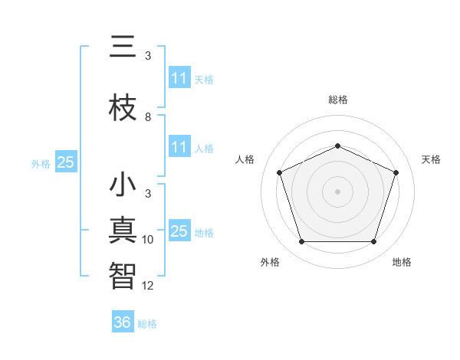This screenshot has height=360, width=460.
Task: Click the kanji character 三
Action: (123, 47)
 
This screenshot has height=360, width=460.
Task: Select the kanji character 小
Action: (123, 186)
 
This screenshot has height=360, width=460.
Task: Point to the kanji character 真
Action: (123, 231)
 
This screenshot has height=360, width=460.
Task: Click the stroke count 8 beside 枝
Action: (148, 117)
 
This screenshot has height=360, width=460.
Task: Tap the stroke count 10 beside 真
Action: (148, 240)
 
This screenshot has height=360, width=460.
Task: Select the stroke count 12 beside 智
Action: (148, 286)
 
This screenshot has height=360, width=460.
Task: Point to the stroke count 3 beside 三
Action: (148, 56)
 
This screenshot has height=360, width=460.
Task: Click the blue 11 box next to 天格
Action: (179, 78)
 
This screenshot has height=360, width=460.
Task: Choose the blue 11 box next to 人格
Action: (179, 147)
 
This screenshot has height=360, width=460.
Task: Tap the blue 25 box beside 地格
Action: (179, 231)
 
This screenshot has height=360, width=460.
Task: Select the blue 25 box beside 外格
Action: (66, 162)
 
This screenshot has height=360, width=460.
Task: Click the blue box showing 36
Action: (123, 322)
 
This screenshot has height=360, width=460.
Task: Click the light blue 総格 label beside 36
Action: (147, 324)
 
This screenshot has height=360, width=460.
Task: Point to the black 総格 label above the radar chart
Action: (337, 100)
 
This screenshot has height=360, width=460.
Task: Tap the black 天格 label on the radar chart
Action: (431, 159)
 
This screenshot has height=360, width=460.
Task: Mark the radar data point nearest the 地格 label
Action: (374, 242)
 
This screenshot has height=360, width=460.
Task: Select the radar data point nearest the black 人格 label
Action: (279, 172)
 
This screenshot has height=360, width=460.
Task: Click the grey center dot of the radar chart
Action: (337, 191)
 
